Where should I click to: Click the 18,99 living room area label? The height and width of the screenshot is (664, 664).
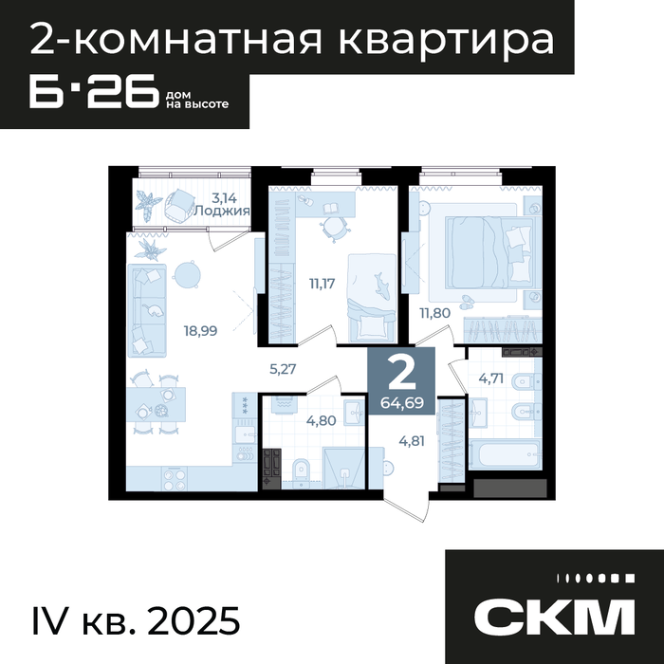point(200,330)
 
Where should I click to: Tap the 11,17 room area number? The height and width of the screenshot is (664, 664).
point(322,284)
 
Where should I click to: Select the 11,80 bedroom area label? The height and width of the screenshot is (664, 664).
point(434,313)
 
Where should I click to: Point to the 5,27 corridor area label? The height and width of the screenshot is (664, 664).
point(283,369)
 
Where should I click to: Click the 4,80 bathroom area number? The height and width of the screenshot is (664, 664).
point(322,420)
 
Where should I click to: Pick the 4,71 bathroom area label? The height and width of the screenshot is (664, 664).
point(490,378)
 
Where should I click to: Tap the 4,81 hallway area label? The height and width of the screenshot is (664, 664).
point(412,441)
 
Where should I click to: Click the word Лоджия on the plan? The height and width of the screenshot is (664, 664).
point(222,211)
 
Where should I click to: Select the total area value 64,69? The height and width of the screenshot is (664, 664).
point(402,403)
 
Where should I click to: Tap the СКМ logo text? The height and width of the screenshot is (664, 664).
point(554,617)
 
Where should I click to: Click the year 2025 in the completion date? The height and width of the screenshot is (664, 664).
point(194,621)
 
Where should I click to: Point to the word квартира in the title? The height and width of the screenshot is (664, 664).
point(447,41)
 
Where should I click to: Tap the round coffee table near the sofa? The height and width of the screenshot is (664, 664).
point(186,275)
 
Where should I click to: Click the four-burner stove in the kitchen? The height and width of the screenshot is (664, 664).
point(174,478)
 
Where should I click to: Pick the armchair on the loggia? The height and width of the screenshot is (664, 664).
point(178,205)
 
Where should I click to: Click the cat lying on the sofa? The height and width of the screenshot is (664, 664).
point(153,310)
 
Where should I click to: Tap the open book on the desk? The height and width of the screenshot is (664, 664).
point(331,209)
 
